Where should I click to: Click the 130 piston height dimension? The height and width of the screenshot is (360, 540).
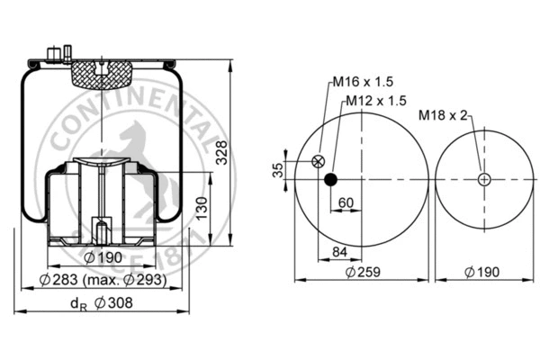point(204,208)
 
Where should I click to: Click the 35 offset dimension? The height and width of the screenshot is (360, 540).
point(278,169)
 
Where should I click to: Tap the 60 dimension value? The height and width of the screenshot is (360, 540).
point(346,202)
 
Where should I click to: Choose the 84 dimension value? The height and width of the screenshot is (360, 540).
point(341,251)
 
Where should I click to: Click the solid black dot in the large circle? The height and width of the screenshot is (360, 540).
point(331,179)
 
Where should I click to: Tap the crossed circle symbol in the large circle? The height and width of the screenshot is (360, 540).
point(317,162)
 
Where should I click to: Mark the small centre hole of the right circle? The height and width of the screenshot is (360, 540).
point(484,179)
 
